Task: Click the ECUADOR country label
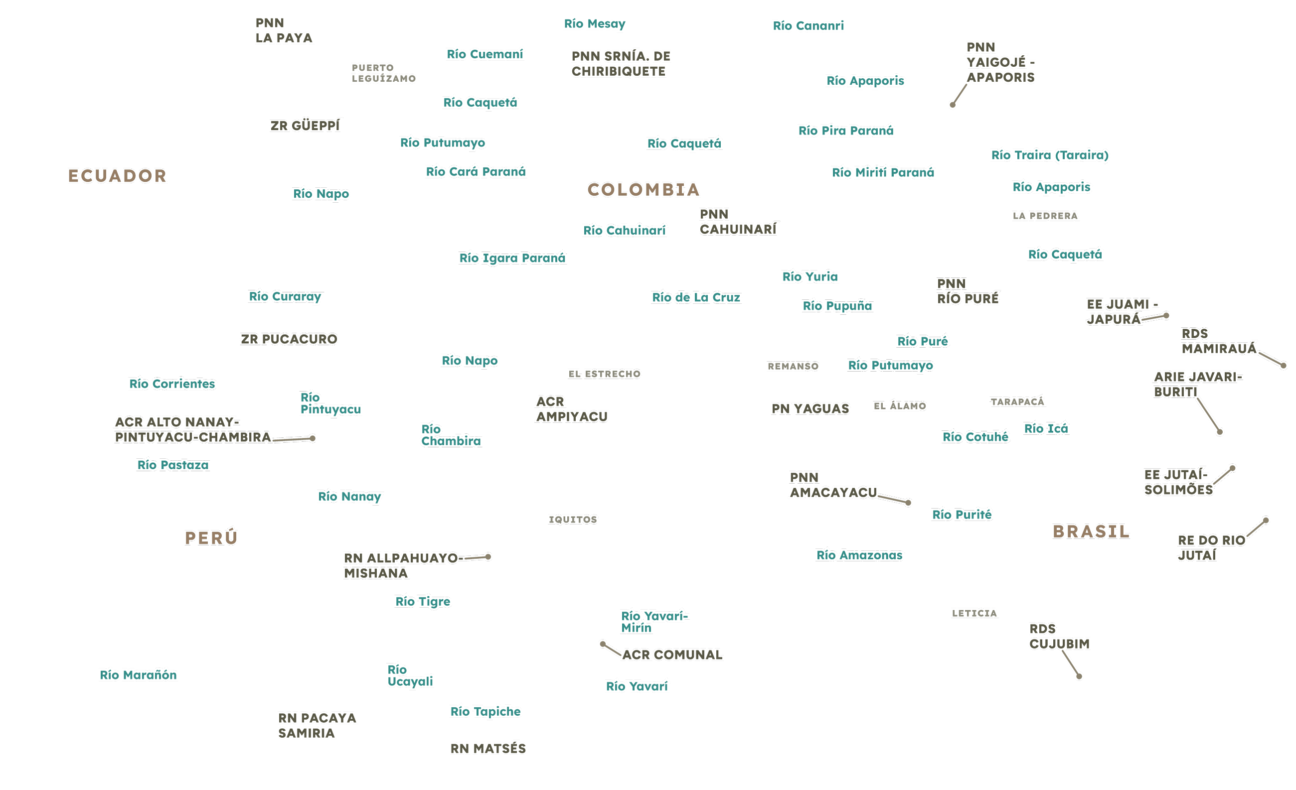[x=117, y=175]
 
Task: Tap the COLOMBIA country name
[x=644, y=190]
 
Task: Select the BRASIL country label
[x=1091, y=531]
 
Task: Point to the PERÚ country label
[x=211, y=537]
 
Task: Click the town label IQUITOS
[x=573, y=520]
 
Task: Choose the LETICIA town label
[x=974, y=613]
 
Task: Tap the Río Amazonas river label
[x=859, y=555]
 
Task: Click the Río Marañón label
[x=139, y=675]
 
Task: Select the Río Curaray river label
[x=286, y=296]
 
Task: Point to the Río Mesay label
[x=595, y=23]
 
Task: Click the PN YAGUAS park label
[x=810, y=408]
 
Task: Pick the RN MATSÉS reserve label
[x=488, y=749]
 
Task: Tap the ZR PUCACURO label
[x=289, y=339]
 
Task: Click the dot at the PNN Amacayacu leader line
[x=908, y=503]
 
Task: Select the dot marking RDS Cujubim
[x=1079, y=676]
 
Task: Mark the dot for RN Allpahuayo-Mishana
[x=488, y=556]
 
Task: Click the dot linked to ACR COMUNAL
[x=603, y=644]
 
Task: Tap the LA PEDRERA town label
[x=1045, y=216]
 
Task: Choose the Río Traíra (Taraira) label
[x=1050, y=155]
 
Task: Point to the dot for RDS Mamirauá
[x=1284, y=365]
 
